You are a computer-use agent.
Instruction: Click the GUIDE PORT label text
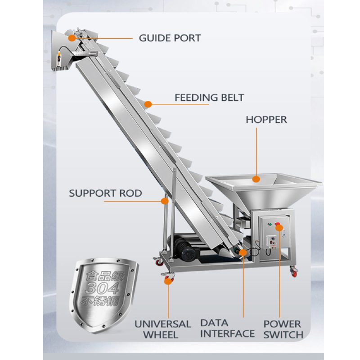click(x=170, y=38)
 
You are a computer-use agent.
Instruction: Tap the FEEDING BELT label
click(x=209, y=98)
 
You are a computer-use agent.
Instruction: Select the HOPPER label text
click(x=266, y=120)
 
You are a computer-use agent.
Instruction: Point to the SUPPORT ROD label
click(x=105, y=193)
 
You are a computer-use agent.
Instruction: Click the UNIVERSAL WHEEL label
click(x=162, y=329)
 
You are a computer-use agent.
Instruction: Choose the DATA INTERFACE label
click(x=227, y=328)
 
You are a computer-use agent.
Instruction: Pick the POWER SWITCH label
click(x=283, y=329)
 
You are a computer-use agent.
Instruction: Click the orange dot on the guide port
click(x=72, y=38)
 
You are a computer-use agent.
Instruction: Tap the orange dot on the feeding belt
click(x=148, y=104)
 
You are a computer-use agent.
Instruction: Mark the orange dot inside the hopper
click(x=256, y=179)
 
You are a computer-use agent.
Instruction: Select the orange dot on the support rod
click(x=165, y=201)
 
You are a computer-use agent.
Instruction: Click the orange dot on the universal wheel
click(x=168, y=281)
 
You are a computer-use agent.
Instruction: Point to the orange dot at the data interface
click(x=243, y=252)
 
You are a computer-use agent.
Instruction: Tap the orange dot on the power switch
click(x=279, y=228)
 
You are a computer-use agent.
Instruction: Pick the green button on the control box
click(x=270, y=224)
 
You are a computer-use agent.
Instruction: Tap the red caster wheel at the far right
click(x=294, y=272)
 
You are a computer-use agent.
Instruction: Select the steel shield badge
click(x=104, y=295)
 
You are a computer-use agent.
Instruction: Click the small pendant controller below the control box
click(x=272, y=243)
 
